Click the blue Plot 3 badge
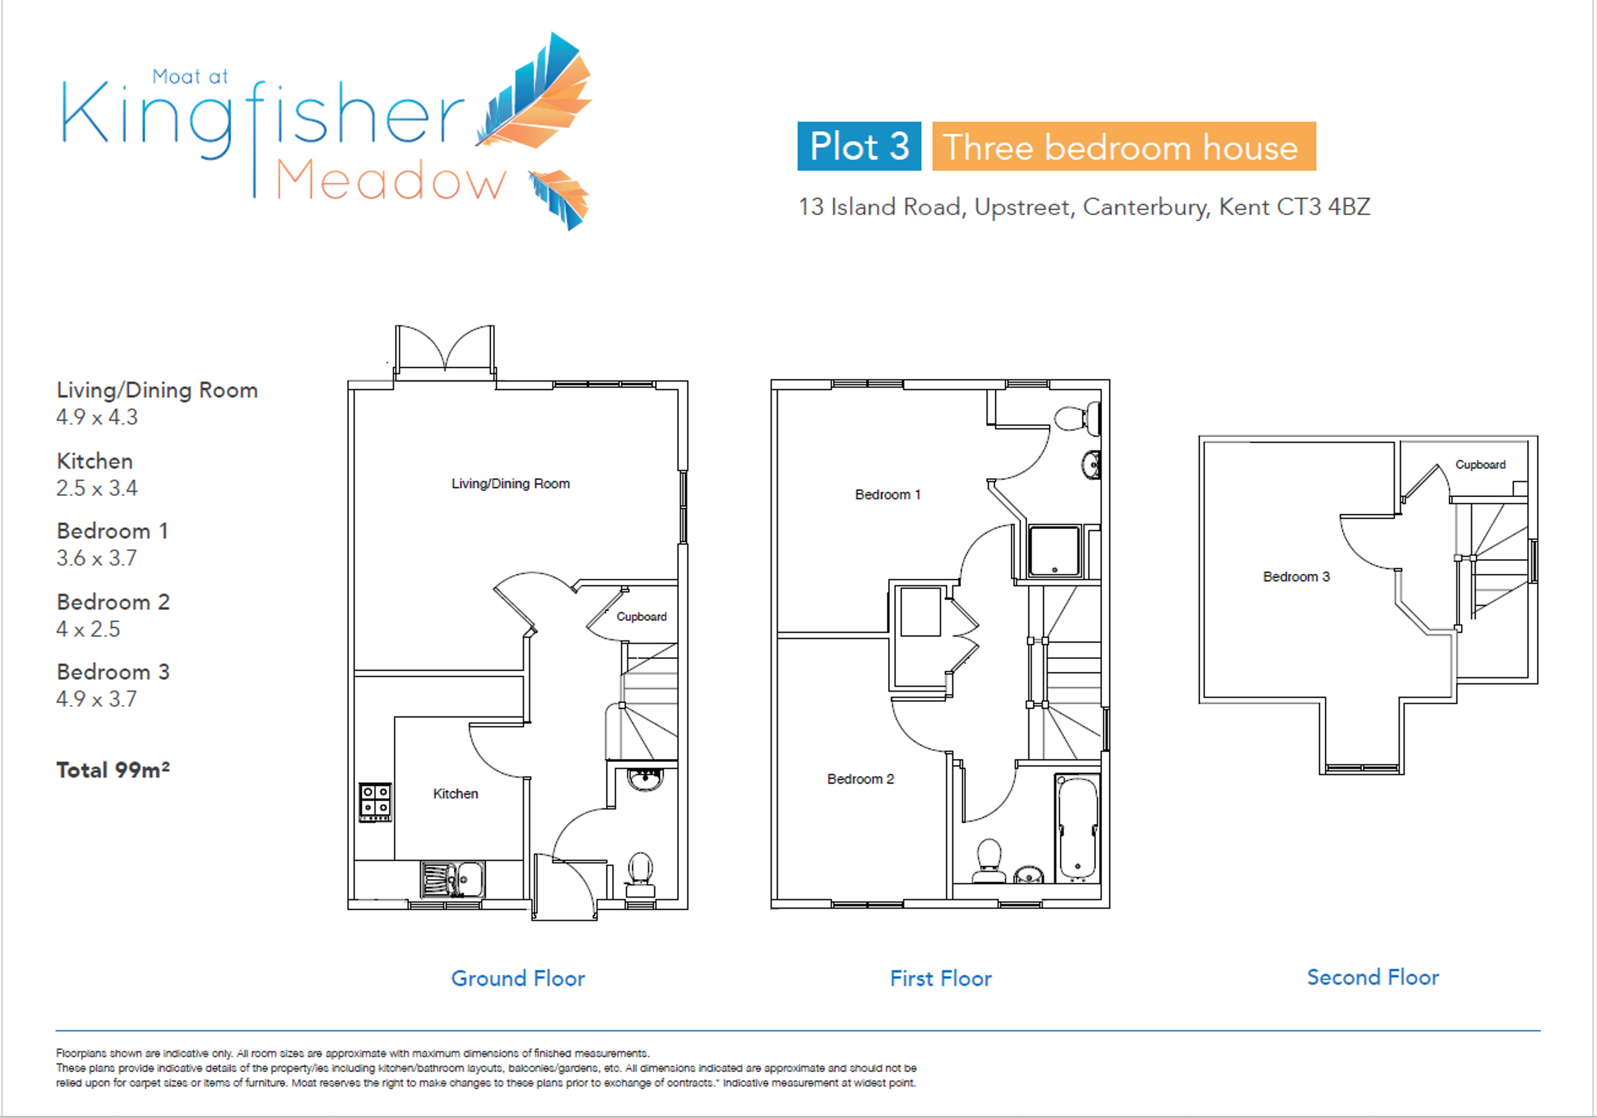click(859, 146)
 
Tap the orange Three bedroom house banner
click(1124, 146)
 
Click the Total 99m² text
click(113, 770)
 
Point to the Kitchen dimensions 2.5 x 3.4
click(97, 488)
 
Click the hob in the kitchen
click(376, 802)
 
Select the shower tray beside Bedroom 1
click(1054, 551)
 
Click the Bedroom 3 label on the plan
click(1296, 576)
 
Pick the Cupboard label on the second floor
click(1480, 464)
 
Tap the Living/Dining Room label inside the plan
click(511, 483)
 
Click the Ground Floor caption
click(518, 978)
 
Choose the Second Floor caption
click(1373, 977)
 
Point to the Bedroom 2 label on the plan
click(860, 779)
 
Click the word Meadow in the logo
click(391, 181)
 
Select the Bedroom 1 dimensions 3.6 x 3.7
click(97, 557)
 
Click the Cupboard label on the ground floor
click(641, 617)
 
